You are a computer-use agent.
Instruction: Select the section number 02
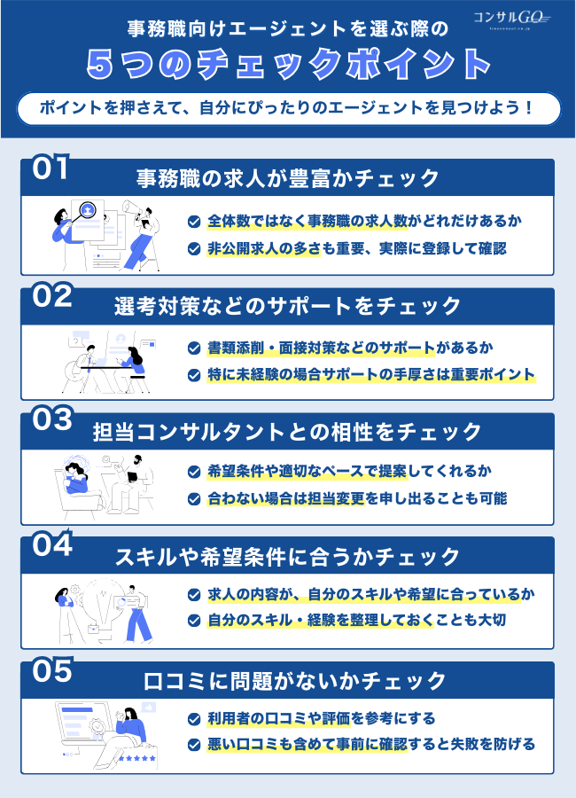coord(51,296)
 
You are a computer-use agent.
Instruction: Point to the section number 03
coord(51,420)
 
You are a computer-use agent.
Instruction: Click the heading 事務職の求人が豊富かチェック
coord(288,178)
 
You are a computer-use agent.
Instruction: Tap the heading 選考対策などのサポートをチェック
coord(288,306)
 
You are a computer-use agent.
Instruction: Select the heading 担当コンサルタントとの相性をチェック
coord(288,432)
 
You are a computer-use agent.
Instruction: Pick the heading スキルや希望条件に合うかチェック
coord(288,557)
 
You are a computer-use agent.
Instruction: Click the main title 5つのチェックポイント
coord(288,64)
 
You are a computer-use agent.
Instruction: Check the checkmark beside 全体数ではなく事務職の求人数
coord(194,221)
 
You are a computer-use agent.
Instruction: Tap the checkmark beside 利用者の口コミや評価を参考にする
coord(194,718)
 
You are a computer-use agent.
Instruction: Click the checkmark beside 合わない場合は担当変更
coord(194,498)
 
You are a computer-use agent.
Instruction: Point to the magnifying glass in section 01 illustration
coord(88,210)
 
